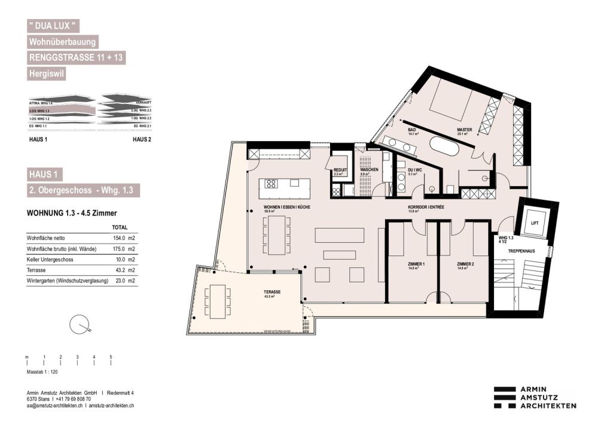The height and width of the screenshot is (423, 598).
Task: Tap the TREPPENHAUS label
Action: coord(521,251)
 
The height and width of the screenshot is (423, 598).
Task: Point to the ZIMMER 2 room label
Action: coord(465,264)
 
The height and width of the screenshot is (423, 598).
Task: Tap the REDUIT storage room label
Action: coord(341,170)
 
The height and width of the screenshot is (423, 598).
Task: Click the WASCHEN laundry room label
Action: coord(368,170)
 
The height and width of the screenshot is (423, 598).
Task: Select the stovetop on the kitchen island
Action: coord(271,184)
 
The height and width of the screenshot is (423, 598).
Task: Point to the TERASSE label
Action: coord(273,292)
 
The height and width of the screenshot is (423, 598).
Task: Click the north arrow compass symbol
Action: coord(80,325)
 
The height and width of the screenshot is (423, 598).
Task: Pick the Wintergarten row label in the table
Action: coord(68,281)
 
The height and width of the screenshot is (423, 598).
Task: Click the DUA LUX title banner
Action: coord(53,26)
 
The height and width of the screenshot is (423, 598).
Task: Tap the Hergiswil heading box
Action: coord(47,74)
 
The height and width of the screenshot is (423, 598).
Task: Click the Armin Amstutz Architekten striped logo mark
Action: coord(504,397)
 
